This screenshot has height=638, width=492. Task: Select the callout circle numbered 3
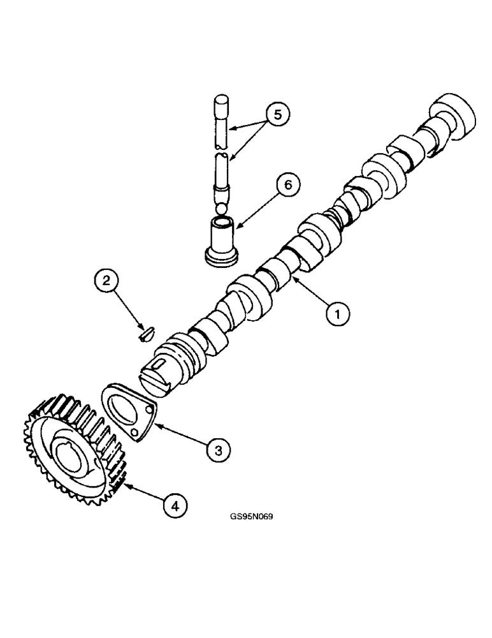click(218, 449)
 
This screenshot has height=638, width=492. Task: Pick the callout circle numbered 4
click(175, 505)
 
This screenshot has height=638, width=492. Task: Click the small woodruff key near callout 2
click(145, 332)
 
